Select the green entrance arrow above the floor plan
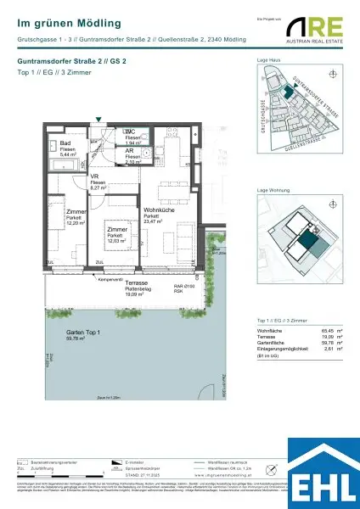(x=100, y=121)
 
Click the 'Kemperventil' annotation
(x=111, y=279)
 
